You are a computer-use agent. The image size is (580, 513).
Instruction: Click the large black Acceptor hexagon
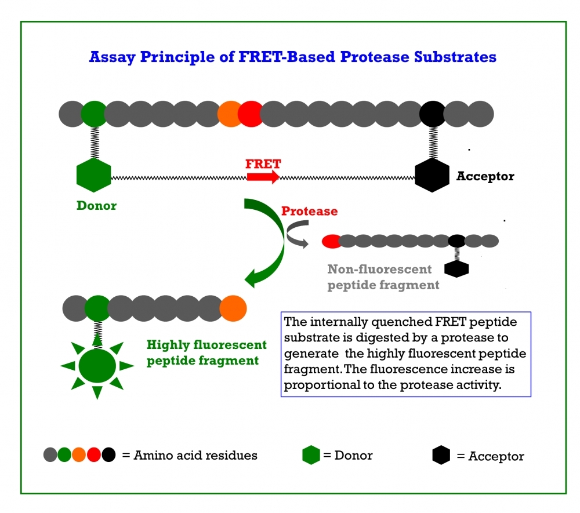(x=432, y=174)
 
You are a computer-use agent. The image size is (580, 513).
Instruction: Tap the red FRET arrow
(x=263, y=176)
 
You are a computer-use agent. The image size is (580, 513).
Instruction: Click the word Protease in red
(x=309, y=211)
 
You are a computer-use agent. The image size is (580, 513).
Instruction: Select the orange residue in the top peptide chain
(x=230, y=114)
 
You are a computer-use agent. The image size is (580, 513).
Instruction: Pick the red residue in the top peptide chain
(x=251, y=114)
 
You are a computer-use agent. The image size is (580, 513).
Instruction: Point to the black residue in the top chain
(x=432, y=114)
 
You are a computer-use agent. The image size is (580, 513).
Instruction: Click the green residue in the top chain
(x=93, y=114)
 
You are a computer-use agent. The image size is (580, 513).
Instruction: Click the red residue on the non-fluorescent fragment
(x=331, y=241)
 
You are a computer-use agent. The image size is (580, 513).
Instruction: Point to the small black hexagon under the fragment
(x=456, y=268)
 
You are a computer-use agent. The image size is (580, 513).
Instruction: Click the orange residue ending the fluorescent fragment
(x=233, y=308)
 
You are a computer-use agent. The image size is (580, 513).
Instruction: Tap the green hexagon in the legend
(x=311, y=456)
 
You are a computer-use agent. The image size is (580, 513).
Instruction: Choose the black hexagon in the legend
(x=441, y=456)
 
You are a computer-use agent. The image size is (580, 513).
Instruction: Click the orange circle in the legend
(x=79, y=456)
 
